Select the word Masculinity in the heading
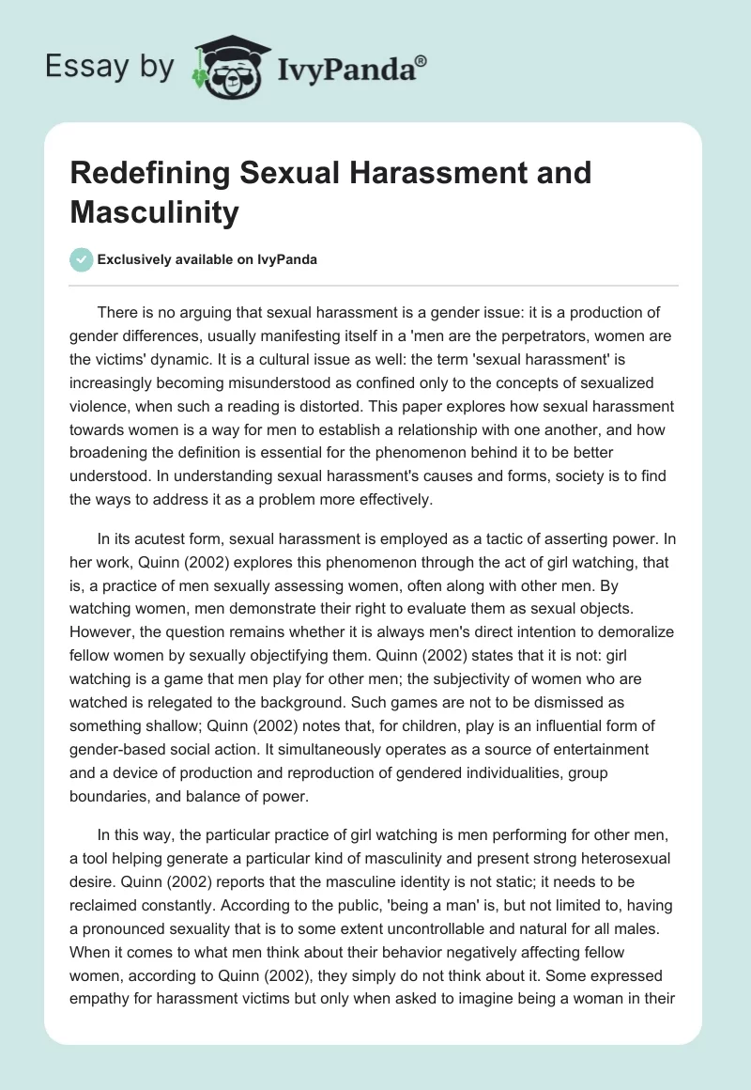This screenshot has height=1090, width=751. [x=155, y=212]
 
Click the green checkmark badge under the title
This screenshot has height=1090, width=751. [x=81, y=259]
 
